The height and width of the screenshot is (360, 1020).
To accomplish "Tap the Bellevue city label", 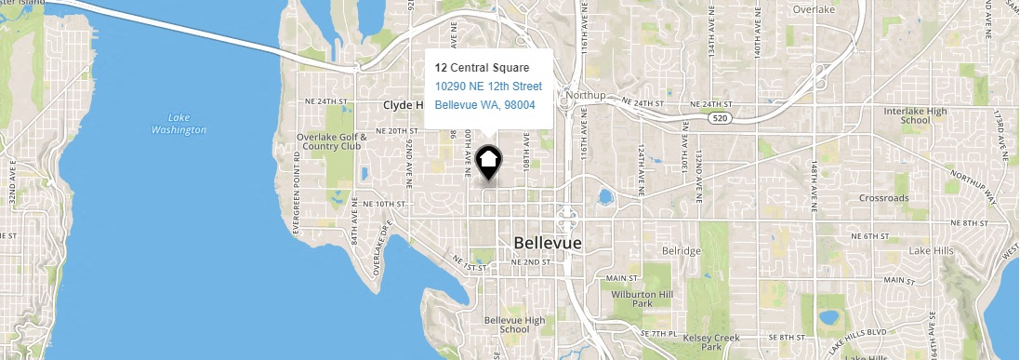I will click(x=547, y=243).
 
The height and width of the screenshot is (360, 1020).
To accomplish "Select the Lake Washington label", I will click(x=179, y=124).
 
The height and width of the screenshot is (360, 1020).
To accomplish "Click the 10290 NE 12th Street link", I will click(x=488, y=87).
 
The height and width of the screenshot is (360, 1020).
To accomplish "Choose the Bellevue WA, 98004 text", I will click(x=484, y=105).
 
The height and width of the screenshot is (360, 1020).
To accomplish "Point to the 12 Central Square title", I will click(x=482, y=68).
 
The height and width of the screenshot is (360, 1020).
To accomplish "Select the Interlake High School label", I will click(x=908, y=115).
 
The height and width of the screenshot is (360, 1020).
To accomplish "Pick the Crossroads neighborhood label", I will click(x=909, y=198).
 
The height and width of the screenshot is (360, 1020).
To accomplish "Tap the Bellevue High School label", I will click(x=514, y=325).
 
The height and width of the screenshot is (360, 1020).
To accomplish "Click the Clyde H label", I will click(x=403, y=106).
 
